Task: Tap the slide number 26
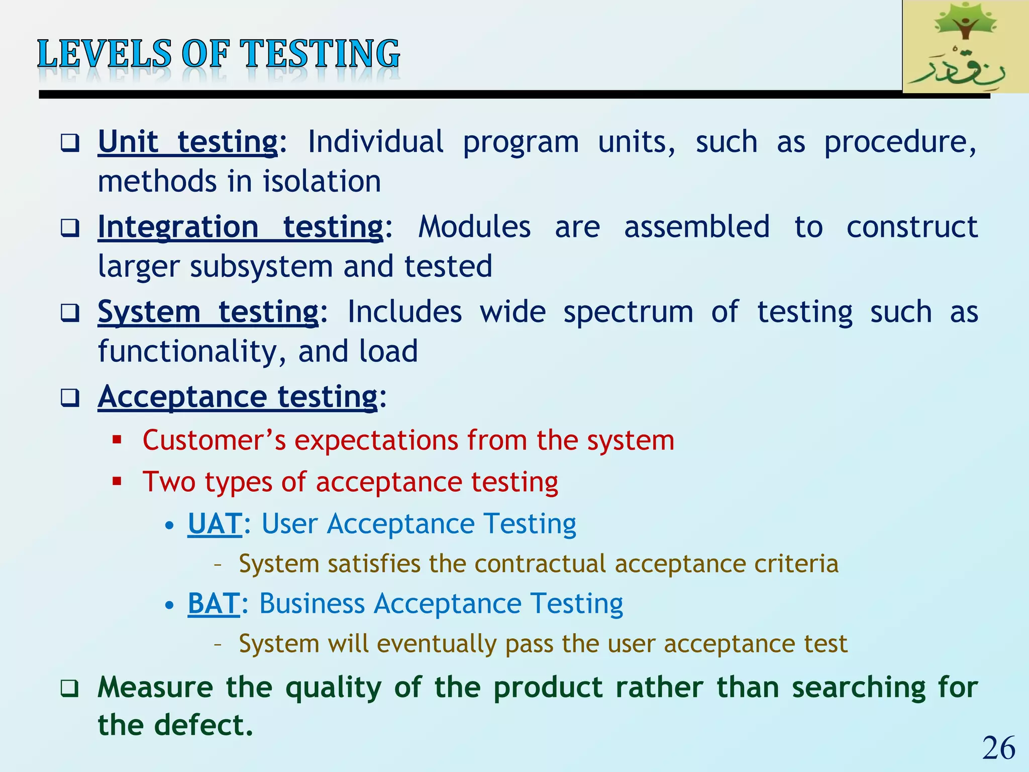coord(999,748)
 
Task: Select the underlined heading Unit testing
coord(187,142)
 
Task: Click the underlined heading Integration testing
coord(240,227)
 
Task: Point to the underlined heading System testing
coord(208,312)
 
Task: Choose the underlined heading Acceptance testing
coord(237,397)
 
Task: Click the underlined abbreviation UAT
coord(215,524)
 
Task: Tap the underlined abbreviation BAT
coord(214,604)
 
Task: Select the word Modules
coord(474,227)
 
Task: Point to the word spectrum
coord(628,313)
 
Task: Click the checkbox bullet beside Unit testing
coord(70,143)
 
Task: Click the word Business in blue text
coord(312,604)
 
